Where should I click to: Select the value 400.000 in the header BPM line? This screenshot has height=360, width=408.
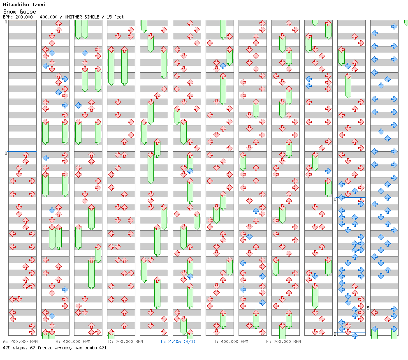pos(49,17)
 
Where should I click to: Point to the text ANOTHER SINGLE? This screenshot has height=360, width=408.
pos(82,17)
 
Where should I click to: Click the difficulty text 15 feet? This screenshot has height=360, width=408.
pos(115,17)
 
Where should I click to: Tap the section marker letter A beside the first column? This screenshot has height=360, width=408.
pos(6,22)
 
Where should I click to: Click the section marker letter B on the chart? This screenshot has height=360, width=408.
pos(6,153)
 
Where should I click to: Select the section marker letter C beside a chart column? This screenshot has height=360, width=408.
pos(335,199)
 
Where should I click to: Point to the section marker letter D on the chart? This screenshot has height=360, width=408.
pos(335,334)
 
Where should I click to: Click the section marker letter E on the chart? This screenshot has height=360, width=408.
pos(368,308)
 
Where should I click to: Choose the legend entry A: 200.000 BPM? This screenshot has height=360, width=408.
pos(20,342)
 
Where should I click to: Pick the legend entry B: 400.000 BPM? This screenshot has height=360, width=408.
pos(73,342)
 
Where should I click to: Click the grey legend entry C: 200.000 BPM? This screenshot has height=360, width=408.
pos(126,342)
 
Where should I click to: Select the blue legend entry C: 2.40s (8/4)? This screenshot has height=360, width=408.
pos(178,342)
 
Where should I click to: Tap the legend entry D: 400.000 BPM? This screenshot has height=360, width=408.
pos(231,342)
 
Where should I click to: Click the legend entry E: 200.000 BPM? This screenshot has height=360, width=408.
pos(283,342)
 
